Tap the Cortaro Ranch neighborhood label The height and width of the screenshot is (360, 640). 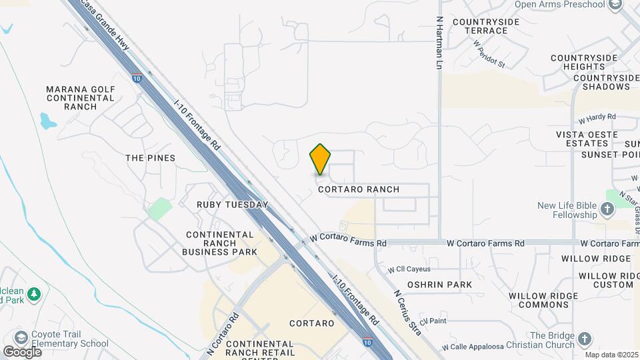(x=359, y=189)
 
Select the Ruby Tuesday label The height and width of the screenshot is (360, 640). (x=233, y=205)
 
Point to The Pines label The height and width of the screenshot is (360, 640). (x=151, y=158)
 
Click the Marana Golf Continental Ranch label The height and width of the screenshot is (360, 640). (x=81, y=97)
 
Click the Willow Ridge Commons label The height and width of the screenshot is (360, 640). (x=537, y=300)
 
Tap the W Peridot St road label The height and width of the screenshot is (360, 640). (x=490, y=53)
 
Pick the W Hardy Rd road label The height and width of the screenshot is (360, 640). (x=597, y=118)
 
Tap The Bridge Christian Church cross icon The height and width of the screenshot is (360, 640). (x=585, y=340)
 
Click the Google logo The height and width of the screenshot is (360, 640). (x=22, y=351)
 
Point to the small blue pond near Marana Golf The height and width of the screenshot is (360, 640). (x=47, y=121)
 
